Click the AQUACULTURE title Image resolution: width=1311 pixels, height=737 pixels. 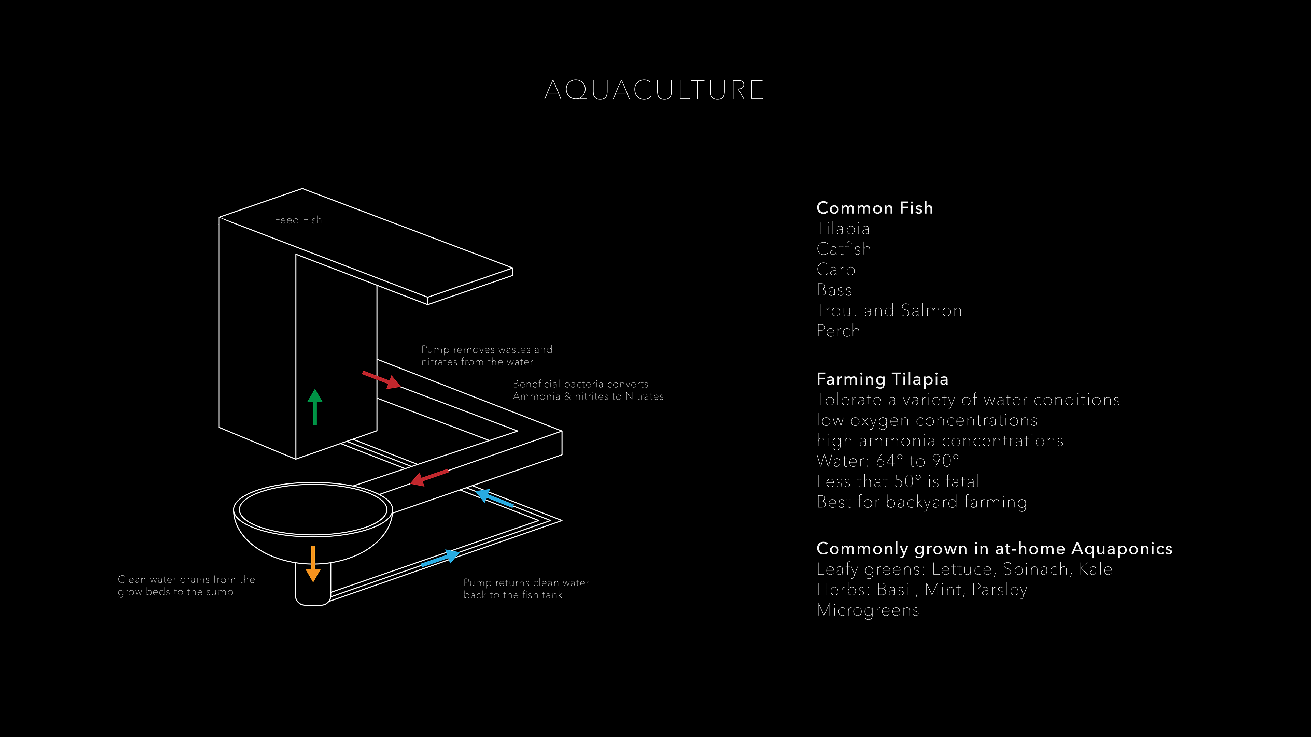point(654,90)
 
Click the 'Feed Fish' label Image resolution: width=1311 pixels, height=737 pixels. point(298,220)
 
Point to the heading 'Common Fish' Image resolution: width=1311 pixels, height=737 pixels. point(874,208)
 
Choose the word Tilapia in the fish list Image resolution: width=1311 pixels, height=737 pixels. point(843,229)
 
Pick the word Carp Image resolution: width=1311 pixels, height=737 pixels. point(836,270)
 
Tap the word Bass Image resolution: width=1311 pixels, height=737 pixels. point(834,290)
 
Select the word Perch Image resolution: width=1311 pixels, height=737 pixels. point(838,331)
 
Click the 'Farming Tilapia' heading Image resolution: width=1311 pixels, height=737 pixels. point(882,379)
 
